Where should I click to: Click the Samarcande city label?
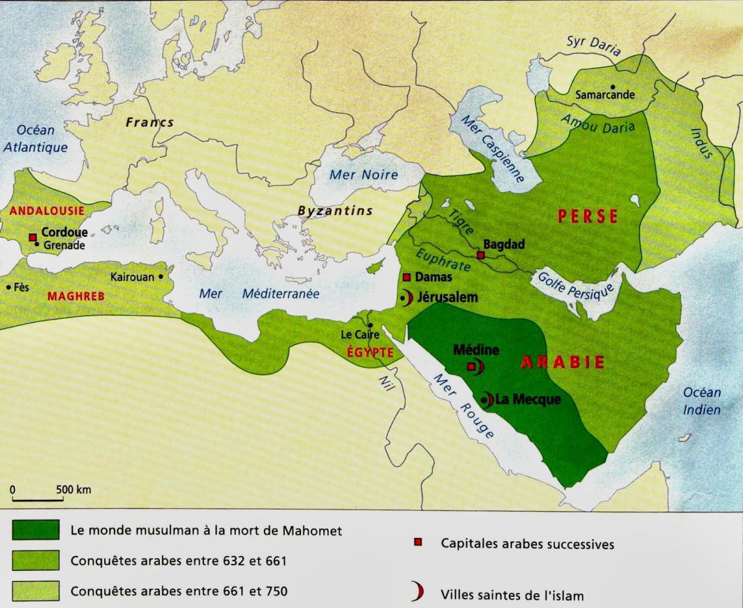tap(605, 95)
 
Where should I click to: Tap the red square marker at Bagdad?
tap(480, 254)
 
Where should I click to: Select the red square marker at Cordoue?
tap(33, 237)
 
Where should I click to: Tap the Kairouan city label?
tap(132, 277)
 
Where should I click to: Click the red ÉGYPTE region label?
tap(370, 351)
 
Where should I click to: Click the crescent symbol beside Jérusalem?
tap(407, 298)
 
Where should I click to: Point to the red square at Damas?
tap(407, 277)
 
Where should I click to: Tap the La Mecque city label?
tap(528, 399)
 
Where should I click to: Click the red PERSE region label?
tap(588, 216)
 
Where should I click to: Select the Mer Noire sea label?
tap(363, 175)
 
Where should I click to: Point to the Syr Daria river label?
tap(593, 45)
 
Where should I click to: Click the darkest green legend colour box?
tap(35, 531)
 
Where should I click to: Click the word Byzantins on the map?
tap(335, 211)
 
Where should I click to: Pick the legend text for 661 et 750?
tap(179, 591)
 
